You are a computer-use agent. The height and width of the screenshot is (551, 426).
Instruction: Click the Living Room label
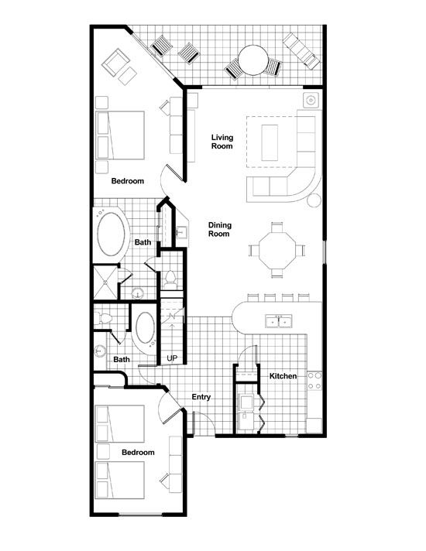coord(222,142)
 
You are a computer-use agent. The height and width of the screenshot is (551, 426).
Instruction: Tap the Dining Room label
coord(220,230)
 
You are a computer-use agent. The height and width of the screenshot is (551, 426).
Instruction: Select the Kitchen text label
coord(283,376)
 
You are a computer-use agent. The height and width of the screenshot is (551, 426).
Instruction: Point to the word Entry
coord(201,397)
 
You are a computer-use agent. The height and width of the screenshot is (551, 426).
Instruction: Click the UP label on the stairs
coord(172,358)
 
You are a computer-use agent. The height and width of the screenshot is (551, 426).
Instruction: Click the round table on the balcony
coord(253,60)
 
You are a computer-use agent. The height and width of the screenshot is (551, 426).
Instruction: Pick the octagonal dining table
coord(277,250)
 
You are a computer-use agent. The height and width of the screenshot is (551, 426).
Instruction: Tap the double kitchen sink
coord(279,321)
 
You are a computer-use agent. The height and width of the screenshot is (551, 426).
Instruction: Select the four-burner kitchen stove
coord(314,381)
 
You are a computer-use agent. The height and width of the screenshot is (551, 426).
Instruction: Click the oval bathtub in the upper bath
coord(112,234)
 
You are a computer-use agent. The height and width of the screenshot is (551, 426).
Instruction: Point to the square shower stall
coord(105,282)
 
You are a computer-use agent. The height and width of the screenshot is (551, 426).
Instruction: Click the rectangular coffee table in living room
coord(270,142)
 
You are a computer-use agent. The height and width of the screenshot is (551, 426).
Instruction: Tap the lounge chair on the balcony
coord(302,51)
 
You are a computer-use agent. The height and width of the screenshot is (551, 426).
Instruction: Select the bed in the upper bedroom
coord(120,135)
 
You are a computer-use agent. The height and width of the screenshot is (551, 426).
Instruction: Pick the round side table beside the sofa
coord(314,200)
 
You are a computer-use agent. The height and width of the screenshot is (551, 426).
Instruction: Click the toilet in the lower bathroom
coord(103,318)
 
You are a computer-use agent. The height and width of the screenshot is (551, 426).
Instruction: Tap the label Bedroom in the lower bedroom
coord(138,452)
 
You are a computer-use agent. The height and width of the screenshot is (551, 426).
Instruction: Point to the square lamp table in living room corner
coord(311,101)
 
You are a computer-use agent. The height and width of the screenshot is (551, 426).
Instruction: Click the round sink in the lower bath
coord(100,351)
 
